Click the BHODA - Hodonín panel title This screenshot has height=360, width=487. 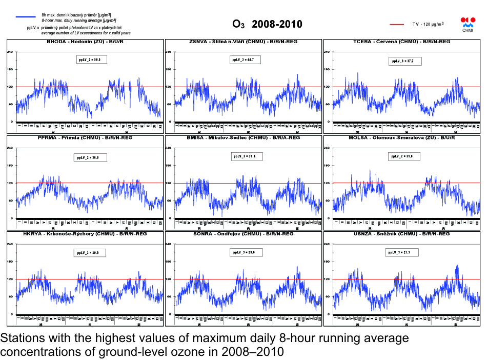[85, 41]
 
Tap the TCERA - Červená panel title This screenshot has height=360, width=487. [402, 41]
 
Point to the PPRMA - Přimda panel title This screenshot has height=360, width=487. [85, 137]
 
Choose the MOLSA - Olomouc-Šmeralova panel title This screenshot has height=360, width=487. [402, 137]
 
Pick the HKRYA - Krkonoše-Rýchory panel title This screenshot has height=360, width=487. [85, 233]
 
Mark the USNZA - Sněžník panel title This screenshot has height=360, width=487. [402, 233]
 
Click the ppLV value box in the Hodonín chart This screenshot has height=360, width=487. [89, 60]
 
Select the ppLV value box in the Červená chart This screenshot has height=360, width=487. [402, 61]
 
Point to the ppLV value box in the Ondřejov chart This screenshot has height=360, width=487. [247, 252]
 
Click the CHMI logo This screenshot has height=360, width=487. [468, 25]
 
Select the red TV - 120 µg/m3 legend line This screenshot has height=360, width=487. [398, 24]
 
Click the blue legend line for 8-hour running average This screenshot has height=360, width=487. [26, 17]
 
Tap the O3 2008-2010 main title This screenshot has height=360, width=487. [267, 24]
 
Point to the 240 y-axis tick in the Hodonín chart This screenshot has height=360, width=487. [10, 52]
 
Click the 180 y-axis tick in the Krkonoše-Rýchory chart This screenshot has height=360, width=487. [10, 262]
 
